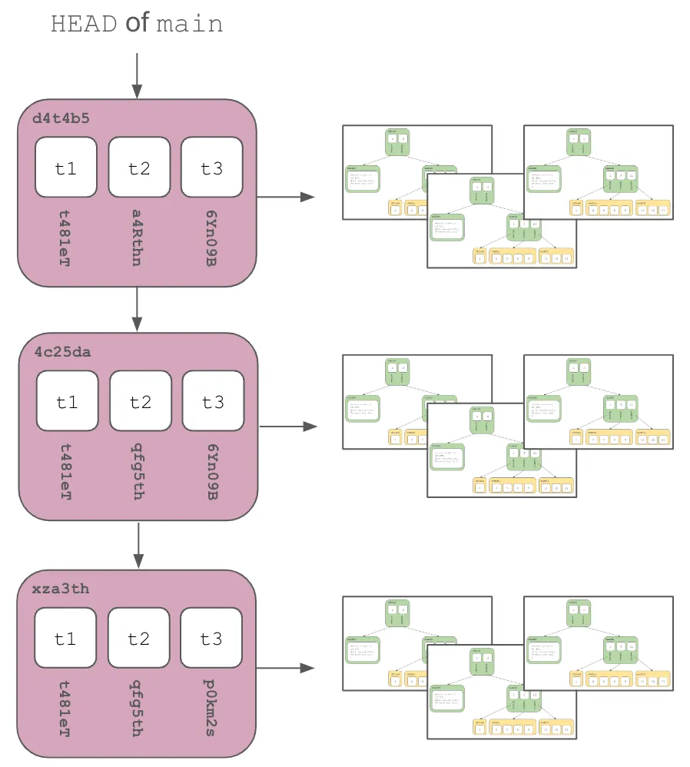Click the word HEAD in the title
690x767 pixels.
coord(85,25)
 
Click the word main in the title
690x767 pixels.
coord(189,25)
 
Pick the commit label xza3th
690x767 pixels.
coord(61,589)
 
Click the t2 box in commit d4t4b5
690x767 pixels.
coord(139,168)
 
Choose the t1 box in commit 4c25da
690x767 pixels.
coord(67,401)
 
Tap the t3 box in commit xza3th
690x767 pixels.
coord(212,638)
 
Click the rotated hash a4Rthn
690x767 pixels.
coord(138,237)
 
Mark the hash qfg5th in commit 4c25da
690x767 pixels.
coord(139,470)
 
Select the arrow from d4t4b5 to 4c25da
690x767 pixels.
coord(137,309)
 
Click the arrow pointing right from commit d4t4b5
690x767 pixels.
coord(286,197)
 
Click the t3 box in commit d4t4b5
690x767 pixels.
coord(211,168)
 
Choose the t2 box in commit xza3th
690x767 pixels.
coord(139,638)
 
